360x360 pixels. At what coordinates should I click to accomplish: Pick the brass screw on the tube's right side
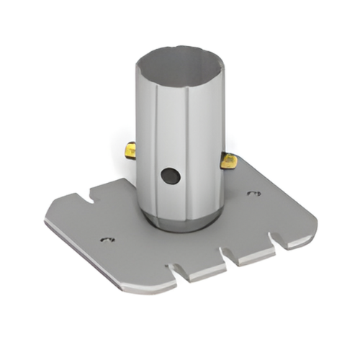pos(228,160)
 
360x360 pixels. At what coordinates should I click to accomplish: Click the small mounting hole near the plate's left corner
pos(107,239)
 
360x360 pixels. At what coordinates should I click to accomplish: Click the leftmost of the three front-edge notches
pos(175,272)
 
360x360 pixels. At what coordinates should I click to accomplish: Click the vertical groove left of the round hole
pos(154,144)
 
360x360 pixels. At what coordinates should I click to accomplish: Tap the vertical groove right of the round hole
pos(189,144)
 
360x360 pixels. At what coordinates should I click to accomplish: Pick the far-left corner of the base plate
pos(48,220)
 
